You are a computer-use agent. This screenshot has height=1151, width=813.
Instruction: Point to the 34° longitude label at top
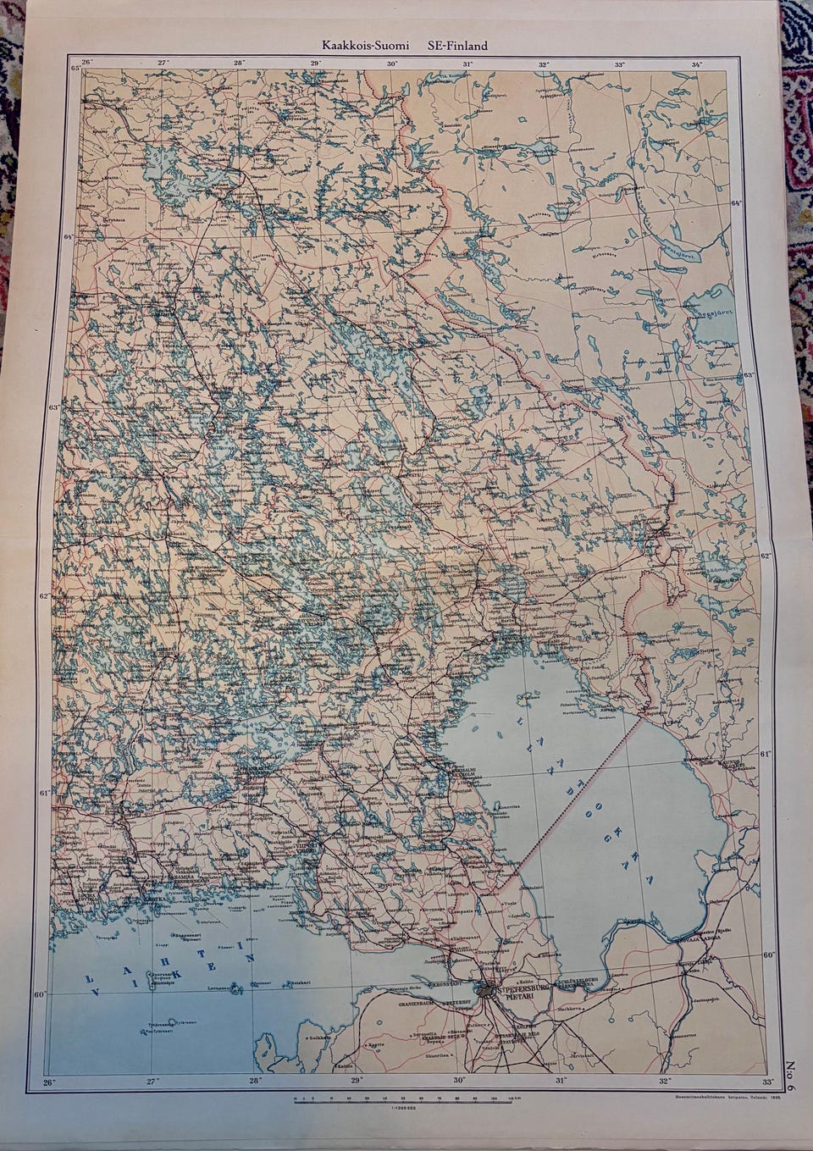[696, 64]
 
